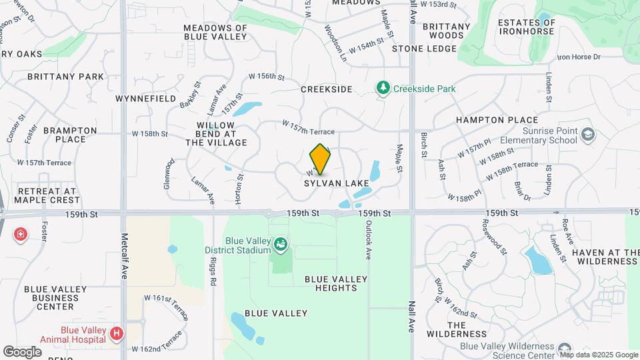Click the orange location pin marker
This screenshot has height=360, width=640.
[x=320, y=159]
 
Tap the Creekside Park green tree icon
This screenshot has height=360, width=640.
[x=383, y=88]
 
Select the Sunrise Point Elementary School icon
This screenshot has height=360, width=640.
[x=587, y=135]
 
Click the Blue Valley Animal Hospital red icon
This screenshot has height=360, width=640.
[x=117, y=333]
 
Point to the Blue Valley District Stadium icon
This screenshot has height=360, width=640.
[x=280, y=245]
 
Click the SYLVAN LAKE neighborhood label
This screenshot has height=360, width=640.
[x=332, y=183]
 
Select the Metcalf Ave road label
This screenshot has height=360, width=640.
[x=124, y=256]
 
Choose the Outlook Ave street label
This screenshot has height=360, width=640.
[x=367, y=241]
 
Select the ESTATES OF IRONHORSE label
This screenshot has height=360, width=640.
[x=527, y=27]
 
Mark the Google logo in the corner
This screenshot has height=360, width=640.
[x=22, y=351]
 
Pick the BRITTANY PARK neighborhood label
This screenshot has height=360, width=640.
[x=66, y=77]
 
